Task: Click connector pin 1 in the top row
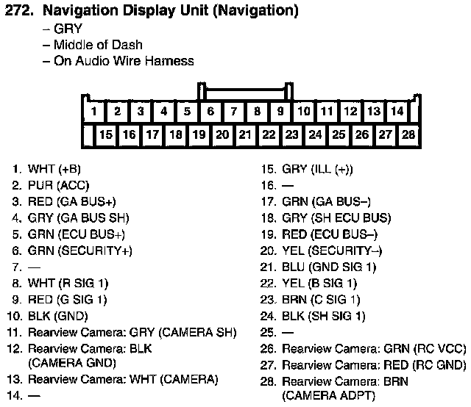pos(93,112)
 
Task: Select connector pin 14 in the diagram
pos(397,112)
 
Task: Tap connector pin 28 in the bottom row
pos(408,135)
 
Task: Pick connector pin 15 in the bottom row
pos(106,135)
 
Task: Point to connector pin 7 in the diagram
pos(234,112)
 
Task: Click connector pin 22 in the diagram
pos(269,135)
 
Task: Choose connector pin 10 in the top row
pos(304,112)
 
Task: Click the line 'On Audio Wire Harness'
pos(124,61)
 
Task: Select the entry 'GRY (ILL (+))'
pos(317,169)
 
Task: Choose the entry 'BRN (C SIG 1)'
pos(321,300)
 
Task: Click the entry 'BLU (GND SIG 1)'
pos(329,267)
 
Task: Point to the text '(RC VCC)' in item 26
pos(436,348)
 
